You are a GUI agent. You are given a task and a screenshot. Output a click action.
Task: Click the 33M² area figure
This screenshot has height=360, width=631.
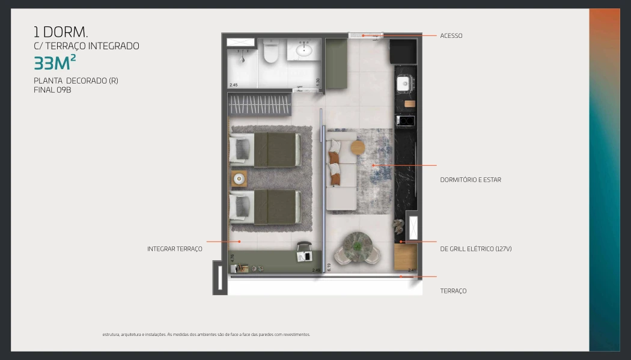[55, 63]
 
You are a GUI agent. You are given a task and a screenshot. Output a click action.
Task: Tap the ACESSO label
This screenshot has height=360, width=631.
[451, 36]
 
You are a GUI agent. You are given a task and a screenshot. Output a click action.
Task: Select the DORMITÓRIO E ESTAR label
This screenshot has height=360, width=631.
[471, 180]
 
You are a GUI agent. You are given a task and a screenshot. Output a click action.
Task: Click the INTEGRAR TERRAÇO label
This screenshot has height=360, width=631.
[175, 249]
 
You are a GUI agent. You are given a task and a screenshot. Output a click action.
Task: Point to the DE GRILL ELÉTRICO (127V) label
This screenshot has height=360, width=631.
[476, 249]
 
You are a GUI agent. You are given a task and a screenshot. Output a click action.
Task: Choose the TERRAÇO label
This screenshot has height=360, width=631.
[453, 291]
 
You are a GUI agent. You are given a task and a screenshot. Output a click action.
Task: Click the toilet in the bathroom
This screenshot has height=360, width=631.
[271, 52]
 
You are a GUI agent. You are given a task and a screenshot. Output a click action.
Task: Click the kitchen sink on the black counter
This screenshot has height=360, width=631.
[403, 84]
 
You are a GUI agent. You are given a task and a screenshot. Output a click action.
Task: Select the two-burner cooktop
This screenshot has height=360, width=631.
[406, 121]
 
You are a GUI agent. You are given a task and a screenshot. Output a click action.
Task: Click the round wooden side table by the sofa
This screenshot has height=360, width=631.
[358, 148]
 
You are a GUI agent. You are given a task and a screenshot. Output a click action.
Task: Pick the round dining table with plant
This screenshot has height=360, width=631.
[358, 246]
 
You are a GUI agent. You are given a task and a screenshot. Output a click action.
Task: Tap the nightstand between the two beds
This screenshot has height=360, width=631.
[239, 178]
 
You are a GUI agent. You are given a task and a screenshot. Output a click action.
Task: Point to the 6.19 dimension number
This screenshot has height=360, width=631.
[329, 267]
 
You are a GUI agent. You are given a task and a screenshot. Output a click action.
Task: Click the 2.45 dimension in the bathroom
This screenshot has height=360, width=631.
[233, 85]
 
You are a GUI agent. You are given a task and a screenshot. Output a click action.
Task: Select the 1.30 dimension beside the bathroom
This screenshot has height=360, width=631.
[318, 82]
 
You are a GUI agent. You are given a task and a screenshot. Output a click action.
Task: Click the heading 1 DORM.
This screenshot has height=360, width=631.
[61, 32]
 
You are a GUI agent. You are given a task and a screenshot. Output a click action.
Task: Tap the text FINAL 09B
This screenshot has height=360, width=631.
[52, 90]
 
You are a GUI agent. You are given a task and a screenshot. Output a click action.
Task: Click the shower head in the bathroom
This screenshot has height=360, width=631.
[242, 59]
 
